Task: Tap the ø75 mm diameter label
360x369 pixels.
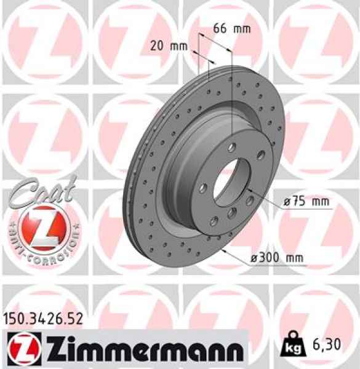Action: (306, 201)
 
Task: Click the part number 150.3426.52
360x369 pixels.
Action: (43, 319)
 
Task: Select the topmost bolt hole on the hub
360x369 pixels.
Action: (231, 147)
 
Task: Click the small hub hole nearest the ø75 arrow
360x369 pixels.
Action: (249, 199)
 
